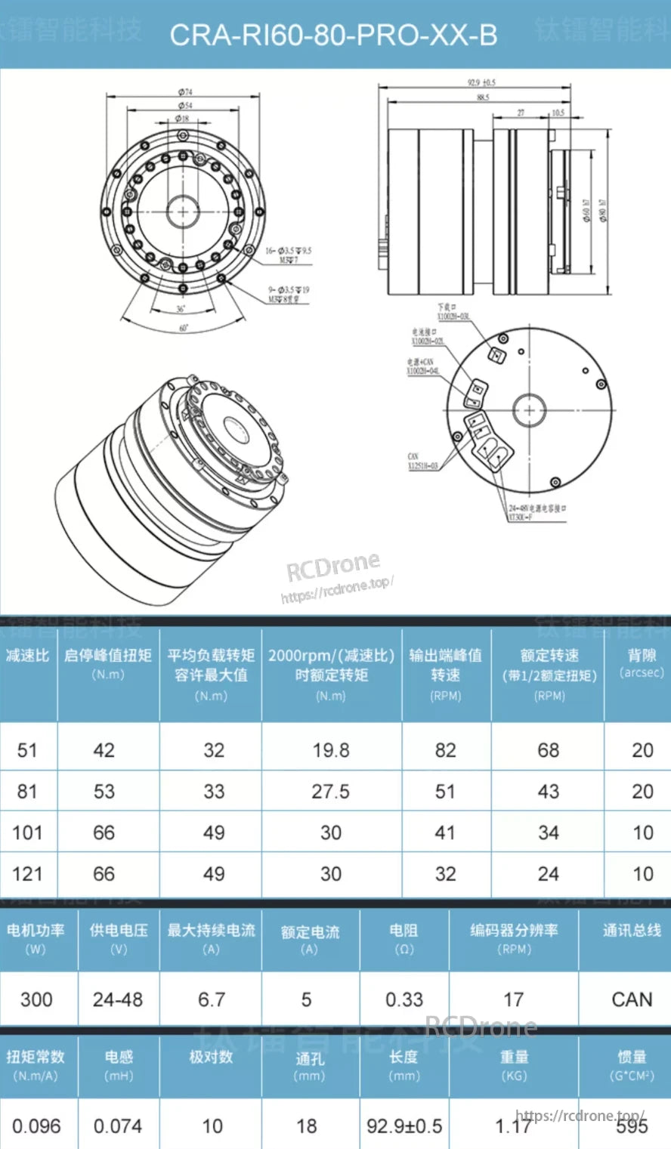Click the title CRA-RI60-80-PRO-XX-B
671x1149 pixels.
(x=333, y=35)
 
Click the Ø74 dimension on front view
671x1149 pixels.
(x=185, y=92)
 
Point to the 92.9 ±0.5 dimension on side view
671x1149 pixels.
(x=481, y=82)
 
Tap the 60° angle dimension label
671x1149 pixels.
(x=183, y=329)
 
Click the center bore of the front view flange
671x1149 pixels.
(x=182, y=209)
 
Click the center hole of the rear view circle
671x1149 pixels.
(x=529, y=411)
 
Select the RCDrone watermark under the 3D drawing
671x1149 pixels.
(x=333, y=566)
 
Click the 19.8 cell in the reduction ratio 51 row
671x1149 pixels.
(x=331, y=750)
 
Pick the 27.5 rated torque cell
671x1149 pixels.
(x=331, y=792)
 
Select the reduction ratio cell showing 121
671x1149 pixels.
(x=27, y=874)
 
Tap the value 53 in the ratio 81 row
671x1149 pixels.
(x=104, y=792)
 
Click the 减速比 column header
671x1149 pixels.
(x=27, y=656)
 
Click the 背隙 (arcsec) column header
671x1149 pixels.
(x=642, y=663)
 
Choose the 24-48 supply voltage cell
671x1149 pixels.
(x=118, y=999)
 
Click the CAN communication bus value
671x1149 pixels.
(x=632, y=999)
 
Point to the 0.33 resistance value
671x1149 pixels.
(x=404, y=999)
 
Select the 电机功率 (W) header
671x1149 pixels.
(x=36, y=938)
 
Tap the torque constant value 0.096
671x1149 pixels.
(x=36, y=1126)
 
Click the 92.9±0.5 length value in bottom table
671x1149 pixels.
(x=404, y=1126)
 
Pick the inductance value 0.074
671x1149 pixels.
(x=118, y=1126)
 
